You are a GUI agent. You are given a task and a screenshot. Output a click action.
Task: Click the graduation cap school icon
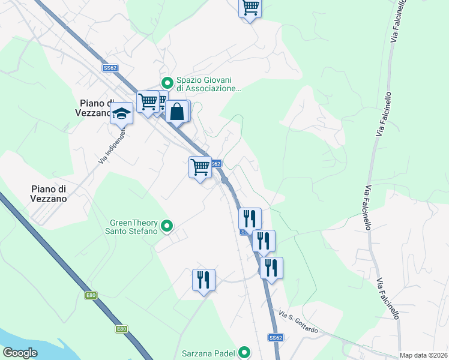[121, 113]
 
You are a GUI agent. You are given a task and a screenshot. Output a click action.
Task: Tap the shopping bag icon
[177, 111]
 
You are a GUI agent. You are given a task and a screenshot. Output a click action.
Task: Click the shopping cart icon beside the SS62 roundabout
[200, 166]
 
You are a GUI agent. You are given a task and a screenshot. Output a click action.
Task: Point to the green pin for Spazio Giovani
[167, 83]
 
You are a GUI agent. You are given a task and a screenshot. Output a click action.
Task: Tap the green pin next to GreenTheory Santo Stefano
[167, 226]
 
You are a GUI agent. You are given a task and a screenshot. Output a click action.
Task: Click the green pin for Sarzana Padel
[244, 352]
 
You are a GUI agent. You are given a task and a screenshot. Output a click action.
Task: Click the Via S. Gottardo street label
[301, 321]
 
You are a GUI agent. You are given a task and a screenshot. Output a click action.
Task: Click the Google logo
[20, 352]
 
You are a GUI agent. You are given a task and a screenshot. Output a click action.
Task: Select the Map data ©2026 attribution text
[423, 355]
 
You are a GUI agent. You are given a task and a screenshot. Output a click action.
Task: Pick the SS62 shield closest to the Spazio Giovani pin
[110, 68]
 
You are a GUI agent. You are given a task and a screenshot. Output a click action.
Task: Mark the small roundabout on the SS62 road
[224, 180]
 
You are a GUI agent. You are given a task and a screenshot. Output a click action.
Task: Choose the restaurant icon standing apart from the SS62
[203, 280]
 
